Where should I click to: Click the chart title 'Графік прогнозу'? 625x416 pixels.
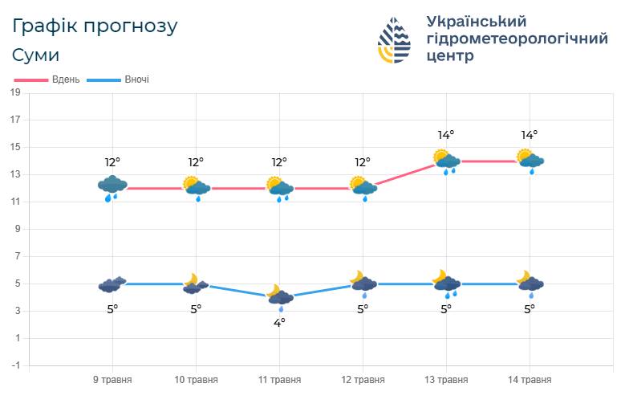(95, 26)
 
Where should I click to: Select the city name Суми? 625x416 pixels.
(35, 55)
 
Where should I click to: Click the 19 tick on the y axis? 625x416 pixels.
(15, 92)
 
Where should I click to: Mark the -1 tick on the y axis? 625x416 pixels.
(15, 365)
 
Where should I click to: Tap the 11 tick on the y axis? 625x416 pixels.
(15, 202)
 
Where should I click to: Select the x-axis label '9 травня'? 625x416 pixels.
(112, 380)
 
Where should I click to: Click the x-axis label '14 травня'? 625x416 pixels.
(530, 380)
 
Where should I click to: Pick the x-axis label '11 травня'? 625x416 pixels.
(279, 380)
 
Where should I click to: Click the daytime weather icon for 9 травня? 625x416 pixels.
(112, 188)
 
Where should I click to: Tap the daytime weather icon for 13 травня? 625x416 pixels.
(446, 161)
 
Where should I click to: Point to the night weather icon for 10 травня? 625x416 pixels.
(196, 283)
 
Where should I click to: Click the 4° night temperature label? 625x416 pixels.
(279, 322)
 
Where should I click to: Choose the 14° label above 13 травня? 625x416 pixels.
(446, 135)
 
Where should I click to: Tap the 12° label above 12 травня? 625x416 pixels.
(363, 162)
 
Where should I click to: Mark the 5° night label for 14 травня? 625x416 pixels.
(530, 308)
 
